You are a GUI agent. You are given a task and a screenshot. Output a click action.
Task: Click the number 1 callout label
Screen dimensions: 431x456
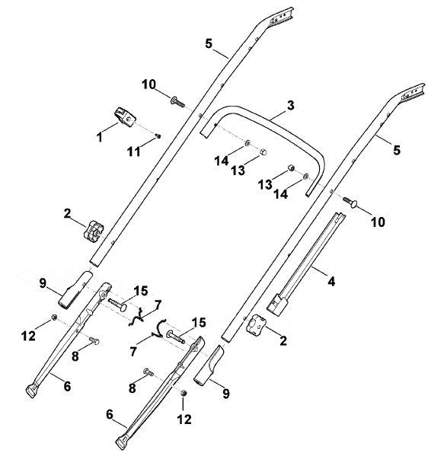pos(100,137)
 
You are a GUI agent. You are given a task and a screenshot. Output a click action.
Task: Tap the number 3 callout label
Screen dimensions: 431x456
pos(290,106)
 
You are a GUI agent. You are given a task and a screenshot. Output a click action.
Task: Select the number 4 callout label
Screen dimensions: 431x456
pos(331,281)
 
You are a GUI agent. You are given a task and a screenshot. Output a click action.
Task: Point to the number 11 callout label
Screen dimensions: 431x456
pos(134,151)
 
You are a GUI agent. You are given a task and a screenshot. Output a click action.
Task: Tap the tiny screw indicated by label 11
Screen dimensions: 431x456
pos(158,136)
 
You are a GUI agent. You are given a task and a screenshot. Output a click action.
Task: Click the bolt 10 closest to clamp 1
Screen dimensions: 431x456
pos(177,101)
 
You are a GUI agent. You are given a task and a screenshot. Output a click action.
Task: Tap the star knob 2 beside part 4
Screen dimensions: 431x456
pos(256,324)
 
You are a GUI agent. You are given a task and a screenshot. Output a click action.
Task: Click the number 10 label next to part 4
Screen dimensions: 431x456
pos(378,222)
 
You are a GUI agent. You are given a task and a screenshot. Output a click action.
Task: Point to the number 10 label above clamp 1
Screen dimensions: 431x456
pos(149,85)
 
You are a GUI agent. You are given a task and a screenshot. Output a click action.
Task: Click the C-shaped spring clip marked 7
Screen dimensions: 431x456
pos(159,328)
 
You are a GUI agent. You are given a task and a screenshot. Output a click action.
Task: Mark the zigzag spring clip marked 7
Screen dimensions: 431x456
pos(137,317)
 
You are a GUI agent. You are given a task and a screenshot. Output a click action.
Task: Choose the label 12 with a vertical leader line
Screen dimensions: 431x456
pos(184,419)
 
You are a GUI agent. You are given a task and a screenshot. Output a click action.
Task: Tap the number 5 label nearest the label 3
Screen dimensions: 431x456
pos(397,151)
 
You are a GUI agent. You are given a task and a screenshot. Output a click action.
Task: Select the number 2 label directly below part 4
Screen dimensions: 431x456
pos(283,340)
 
